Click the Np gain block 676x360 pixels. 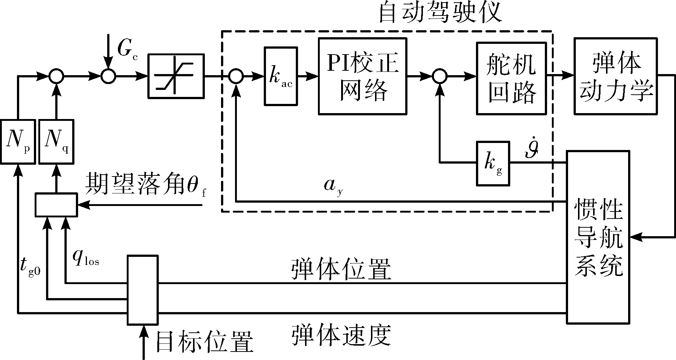pyautogui.click(x=18, y=141)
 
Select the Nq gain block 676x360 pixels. pyautogui.click(x=56, y=141)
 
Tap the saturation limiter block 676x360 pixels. pyautogui.click(x=176, y=76)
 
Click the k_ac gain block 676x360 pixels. pyautogui.click(x=281, y=76)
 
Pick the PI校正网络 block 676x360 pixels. pyautogui.click(x=363, y=76)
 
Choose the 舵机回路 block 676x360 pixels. pyautogui.click(x=511, y=78)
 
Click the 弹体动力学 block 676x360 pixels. pyautogui.click(x=616, y=76)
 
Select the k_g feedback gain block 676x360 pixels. pyautogui.click(x=493, y=163)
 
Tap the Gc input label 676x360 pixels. pyautogui.click(x=127, y=49)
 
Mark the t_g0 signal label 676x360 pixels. pyautogui.click(x=30, y=268)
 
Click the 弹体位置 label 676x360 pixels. pyautogui.click(x=341, y=270)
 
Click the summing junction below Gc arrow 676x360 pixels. pyautogui.click(x=109, y=76)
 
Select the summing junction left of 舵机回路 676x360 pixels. pyautogui.click(x=439, y=76)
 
